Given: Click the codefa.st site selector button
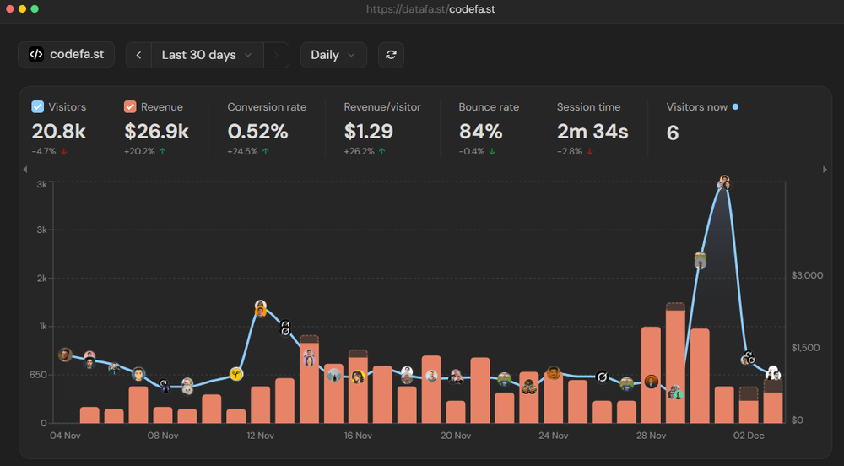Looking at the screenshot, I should pos(66,54).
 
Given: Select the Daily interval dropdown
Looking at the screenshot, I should pos(333,55).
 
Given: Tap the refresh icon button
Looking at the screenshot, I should pos(391,55).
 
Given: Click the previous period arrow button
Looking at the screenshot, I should pos(138,55).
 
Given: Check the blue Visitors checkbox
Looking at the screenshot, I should pos(38,107).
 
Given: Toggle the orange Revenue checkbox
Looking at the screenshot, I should pos(130,107).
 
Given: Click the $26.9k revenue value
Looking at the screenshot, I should pos(156,132).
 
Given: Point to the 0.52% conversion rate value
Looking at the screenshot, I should pos(257,132).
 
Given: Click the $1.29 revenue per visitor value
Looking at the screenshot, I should pos(368,132).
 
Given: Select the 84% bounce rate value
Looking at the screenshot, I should pos(480,132).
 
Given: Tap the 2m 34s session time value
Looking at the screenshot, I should pos(592,132).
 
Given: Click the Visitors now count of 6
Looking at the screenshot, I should pos(673,133).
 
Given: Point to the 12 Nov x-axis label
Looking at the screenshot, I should pos(260,436).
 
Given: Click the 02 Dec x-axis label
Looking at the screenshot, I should pos(749,436).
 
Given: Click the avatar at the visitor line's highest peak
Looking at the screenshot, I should pos(724,182).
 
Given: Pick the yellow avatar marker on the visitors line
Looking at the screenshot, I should pos(236,373).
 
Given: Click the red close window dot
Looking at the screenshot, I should pos(9,8).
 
